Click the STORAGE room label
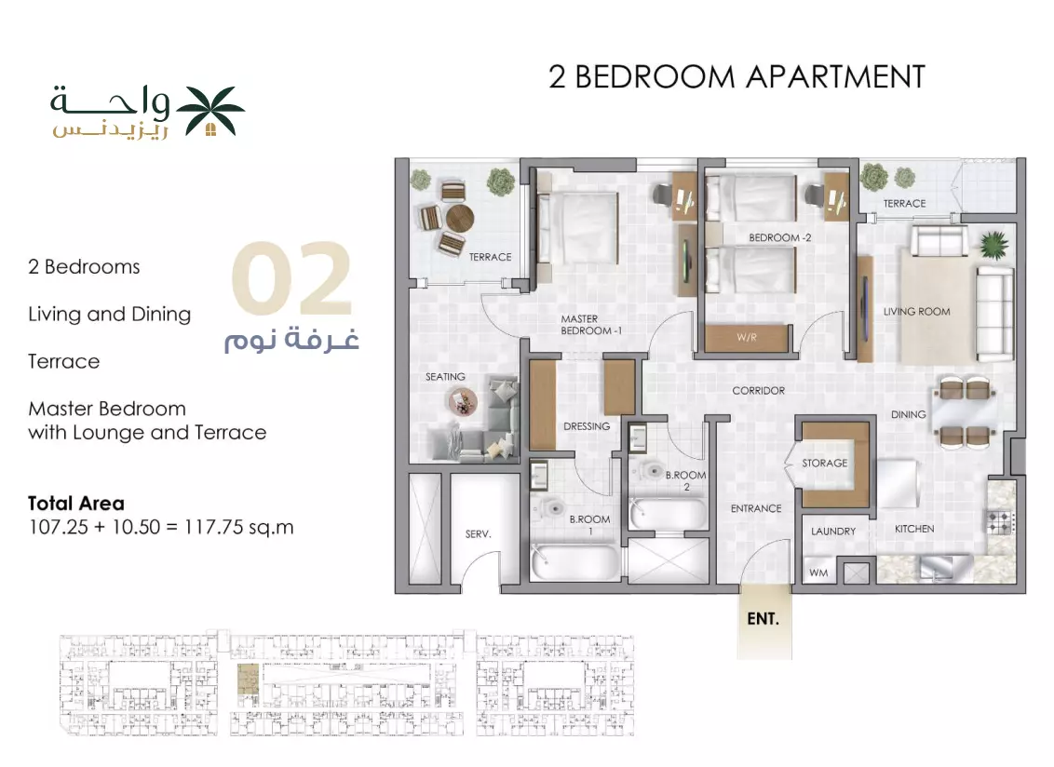(824, 464)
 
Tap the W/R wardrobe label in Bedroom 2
(747, 338)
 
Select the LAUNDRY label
(832, 532)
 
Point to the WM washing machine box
(818, 572)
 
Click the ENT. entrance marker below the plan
(763, 618)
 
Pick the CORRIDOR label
(758, 391)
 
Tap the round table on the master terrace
(460, 218)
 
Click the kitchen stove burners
(1000, 521)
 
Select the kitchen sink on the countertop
(937, 568)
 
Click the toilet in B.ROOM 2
(652, 470)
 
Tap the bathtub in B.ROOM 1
(574, 562)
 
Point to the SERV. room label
(478, 533)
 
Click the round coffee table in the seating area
(463, 403)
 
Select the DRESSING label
(587, 426)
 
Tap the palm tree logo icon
(210, 111)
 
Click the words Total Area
(76, 504)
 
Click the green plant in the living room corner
(994, 245)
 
